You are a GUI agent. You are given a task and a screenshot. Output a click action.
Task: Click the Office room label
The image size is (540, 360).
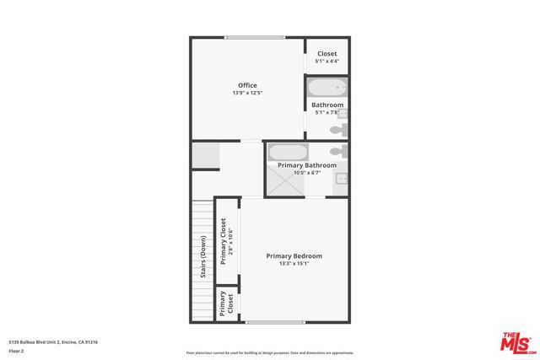247,85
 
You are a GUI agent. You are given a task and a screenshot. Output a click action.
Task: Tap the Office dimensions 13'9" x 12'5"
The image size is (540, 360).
247,93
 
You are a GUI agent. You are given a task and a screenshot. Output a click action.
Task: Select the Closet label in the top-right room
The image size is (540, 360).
327,54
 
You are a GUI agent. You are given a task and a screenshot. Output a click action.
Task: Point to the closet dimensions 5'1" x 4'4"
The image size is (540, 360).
327,62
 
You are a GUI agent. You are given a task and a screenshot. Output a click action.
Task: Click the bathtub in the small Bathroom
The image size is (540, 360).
327,88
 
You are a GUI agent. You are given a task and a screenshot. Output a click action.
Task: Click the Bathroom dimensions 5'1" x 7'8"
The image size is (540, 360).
327,112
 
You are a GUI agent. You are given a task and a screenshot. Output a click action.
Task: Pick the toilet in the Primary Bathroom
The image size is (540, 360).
336,152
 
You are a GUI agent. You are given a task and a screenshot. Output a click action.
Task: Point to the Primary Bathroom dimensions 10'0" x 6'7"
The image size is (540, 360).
307,173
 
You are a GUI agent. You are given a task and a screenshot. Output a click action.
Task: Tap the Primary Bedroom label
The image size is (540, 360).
294,256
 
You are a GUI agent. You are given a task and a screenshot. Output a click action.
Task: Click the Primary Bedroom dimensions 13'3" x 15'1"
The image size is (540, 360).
294,264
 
